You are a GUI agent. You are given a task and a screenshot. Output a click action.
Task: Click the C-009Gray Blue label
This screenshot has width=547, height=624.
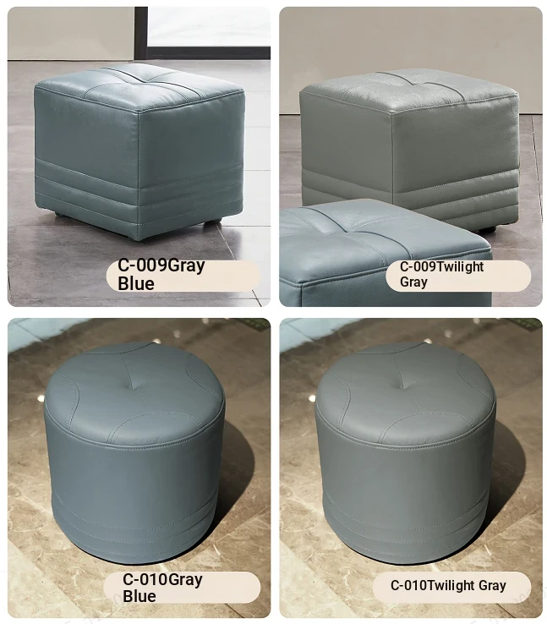click(161, 274)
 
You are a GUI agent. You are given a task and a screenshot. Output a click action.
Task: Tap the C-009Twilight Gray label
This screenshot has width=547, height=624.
click(441, 274)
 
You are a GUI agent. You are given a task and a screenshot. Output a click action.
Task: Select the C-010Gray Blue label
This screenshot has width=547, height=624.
click(162, 588)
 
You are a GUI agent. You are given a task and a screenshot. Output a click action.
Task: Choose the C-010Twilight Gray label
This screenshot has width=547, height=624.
click(448, 585)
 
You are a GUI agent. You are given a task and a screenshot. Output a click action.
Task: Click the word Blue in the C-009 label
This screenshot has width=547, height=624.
click(136, 284)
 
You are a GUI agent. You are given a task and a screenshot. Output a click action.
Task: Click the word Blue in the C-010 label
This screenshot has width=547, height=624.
click(139, 596)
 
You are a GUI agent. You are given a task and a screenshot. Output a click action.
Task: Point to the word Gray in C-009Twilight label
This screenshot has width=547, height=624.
click(413, 282)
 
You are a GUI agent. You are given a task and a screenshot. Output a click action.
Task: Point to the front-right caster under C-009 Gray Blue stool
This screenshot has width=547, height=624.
click(211, 223)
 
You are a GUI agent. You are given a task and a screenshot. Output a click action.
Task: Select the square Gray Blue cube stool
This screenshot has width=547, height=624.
click(139, 152)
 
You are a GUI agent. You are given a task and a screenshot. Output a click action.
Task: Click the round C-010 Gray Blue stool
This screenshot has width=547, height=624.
click(134, 452)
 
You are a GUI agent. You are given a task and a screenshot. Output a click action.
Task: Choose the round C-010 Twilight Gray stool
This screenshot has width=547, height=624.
click(405, 451)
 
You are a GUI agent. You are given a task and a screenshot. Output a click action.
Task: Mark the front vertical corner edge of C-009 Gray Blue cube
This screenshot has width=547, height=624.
click(139, 175)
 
